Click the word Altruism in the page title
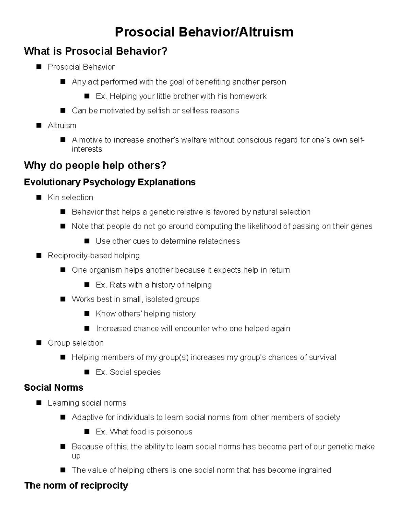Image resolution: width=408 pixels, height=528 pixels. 266,32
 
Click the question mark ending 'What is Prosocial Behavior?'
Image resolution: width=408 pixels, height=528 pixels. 165,51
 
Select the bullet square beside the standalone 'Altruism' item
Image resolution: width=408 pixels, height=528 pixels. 38,125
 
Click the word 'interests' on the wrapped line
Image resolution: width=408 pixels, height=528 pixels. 87,149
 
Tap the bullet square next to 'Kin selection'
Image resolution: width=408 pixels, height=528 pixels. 38,197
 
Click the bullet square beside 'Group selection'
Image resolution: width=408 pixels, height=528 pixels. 38,343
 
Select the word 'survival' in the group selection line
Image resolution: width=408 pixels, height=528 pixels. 321,357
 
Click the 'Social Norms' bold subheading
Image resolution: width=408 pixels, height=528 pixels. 54,388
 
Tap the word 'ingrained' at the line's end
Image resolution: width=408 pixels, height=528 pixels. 314,470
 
